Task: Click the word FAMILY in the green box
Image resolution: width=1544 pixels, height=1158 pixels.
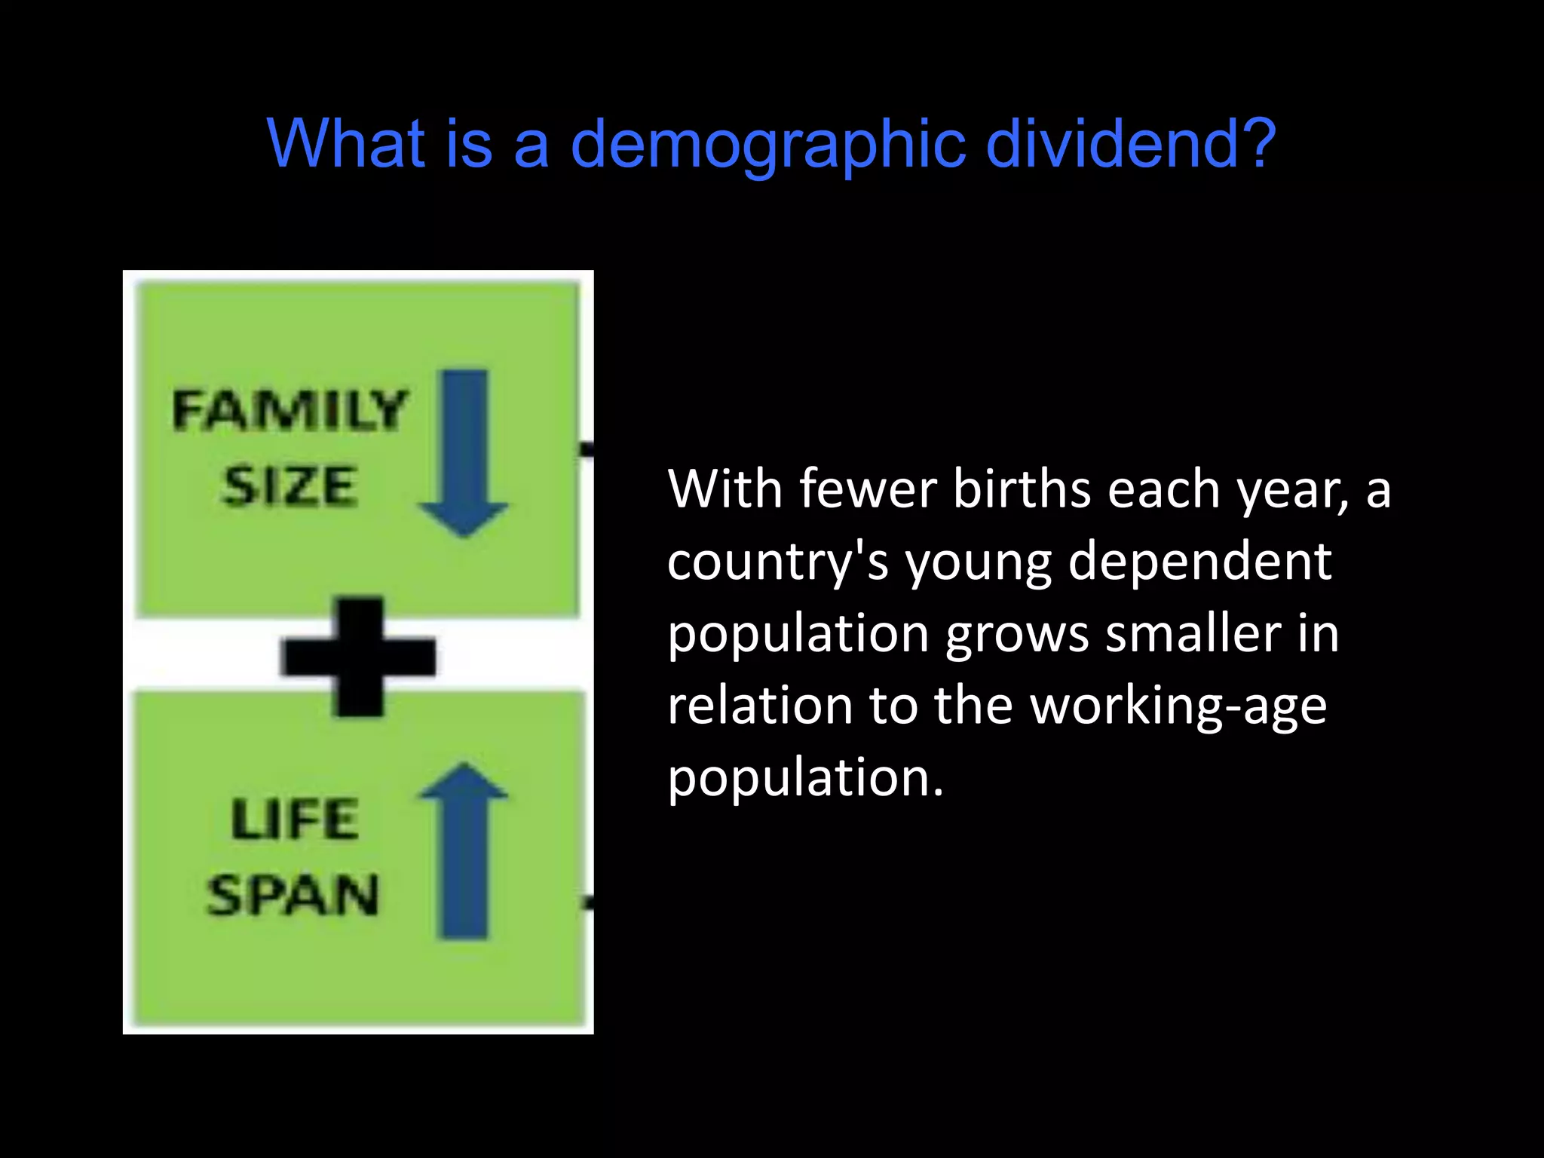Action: coord(289,410)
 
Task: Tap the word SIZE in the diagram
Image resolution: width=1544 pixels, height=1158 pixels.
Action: coord(289,486)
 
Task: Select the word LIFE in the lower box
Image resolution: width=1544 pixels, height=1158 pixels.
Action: coord(295,819)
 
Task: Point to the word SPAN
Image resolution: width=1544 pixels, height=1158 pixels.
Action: coord(293,896)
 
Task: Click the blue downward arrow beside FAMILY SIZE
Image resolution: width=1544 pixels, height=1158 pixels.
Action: coord(463,452)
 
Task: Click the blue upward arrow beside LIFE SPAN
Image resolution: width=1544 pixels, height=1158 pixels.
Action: coord(463,852)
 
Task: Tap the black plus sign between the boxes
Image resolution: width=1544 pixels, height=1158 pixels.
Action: coord(359,656)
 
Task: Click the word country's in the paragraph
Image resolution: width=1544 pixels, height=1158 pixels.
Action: coord(777,562)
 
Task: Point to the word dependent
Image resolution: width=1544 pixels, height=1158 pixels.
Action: coord(1199,562)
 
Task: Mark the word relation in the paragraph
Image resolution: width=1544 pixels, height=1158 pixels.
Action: coord(759,706)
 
